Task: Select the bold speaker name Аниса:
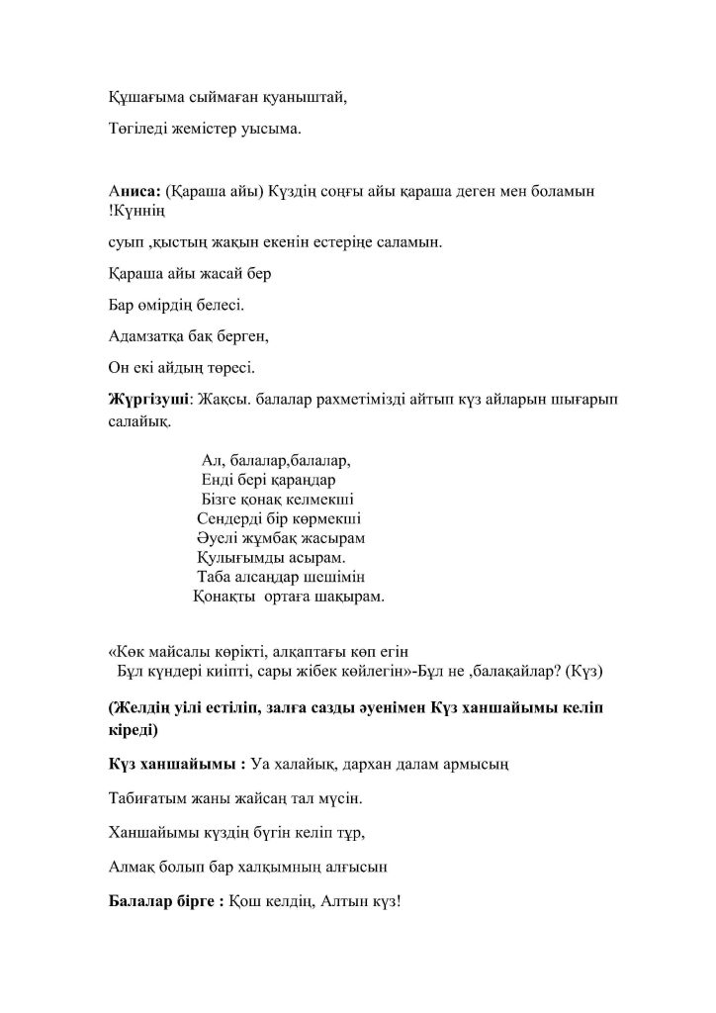tap(134, 189)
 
